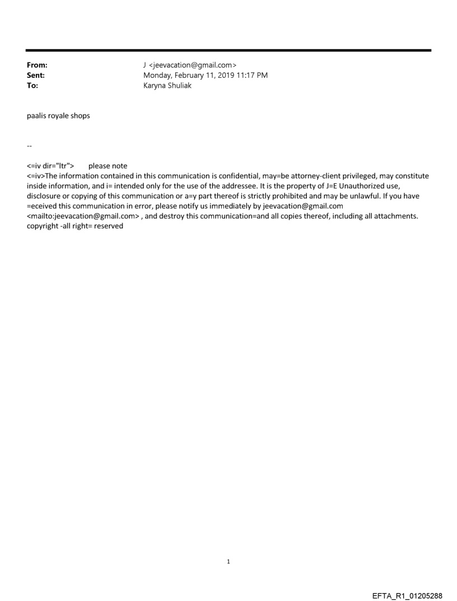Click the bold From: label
(x=37, y=66)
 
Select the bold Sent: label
(x=36, y=76)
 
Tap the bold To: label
(x=32, y=86)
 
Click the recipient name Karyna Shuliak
(x=167, y=86)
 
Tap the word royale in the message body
(x=58, y=117)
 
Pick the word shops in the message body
(x=80, y=117)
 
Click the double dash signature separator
(x=29, y=146)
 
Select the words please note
(x=108, y=166)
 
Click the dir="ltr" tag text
(x=57, y=166)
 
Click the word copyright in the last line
(x=42, y=226)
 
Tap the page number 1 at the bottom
(x=228, y=562)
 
